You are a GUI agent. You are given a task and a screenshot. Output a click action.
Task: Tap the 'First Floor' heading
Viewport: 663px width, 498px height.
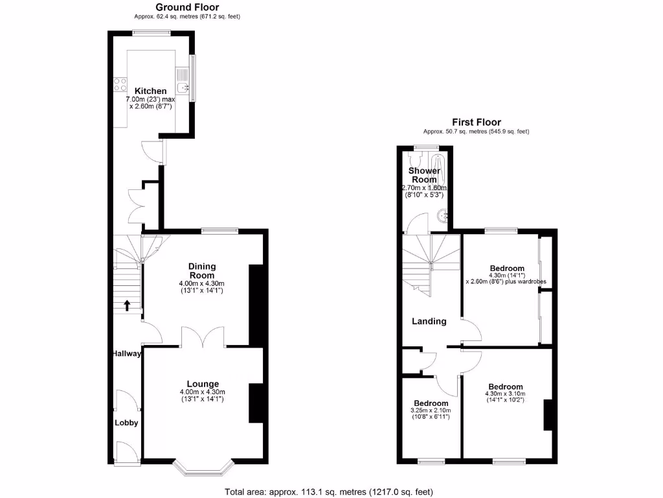pyautogui.click(x=476, y=122)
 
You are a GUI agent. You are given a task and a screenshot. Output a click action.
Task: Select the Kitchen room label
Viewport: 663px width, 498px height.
pyautogui.click(x=150, y=91)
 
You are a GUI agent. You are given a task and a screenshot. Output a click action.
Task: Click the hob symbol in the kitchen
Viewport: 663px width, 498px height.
pyautogui.click(x=120, y=84)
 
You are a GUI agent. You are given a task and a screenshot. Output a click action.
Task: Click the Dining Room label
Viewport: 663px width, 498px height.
pyautogui.click(x=202, y=271)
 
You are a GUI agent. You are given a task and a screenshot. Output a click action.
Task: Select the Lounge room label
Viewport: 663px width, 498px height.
pyautogui.click(x=203, y=383)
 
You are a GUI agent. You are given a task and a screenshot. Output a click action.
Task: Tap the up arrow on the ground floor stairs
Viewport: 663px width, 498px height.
pyautogui.click(x=127, y=303)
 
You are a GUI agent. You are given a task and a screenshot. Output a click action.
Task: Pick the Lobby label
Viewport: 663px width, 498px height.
pyautogui.click(x=127, y=423)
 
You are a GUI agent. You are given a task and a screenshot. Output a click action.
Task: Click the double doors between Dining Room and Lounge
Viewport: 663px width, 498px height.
pyautogui.click(x=203, y=337)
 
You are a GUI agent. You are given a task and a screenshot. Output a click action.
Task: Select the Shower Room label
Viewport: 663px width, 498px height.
pyautogui.click(x=424, y=175)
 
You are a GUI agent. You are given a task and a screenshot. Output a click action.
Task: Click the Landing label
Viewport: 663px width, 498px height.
pyautogui.click(x=429, y=321)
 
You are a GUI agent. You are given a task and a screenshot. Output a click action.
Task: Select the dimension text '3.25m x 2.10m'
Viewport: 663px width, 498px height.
pyautogui.click(x=429, y=410)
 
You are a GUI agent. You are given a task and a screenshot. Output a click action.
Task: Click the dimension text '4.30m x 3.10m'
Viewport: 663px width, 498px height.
pyautogui.click(x=505, y=394)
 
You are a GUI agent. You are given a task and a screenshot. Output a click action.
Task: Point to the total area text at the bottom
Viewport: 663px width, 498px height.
pyautogui.click(x=329, y=491)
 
